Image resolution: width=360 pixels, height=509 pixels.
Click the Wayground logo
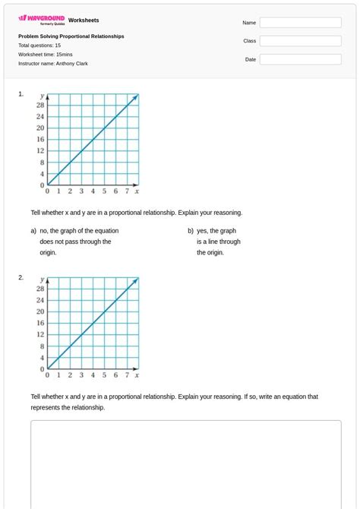pos(42,20)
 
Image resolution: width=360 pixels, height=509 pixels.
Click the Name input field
pos(300,23)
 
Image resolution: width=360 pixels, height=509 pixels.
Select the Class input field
pos(300,41)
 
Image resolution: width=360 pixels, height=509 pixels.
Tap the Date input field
pos(300,59)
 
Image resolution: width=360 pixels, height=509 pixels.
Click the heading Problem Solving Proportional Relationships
pos(71,36)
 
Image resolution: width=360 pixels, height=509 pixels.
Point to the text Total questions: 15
pos(39,46)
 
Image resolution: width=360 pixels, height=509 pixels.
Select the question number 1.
pos(21,94)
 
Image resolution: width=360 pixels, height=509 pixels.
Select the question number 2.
pos(21,277)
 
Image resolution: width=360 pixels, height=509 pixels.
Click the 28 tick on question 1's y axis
pos(40,105)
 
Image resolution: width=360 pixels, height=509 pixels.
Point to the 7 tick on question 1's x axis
pos(127,191)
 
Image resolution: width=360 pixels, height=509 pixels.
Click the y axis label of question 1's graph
pos(43,96)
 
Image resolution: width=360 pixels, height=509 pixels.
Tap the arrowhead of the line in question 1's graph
pos(136,96)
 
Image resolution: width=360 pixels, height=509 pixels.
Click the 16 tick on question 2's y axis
pos(40,323)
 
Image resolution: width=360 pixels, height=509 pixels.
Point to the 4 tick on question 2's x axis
pos(93,375)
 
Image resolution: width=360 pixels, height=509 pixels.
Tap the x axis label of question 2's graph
pos(137,375)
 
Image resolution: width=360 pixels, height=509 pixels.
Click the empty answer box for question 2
pos(185,463)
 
